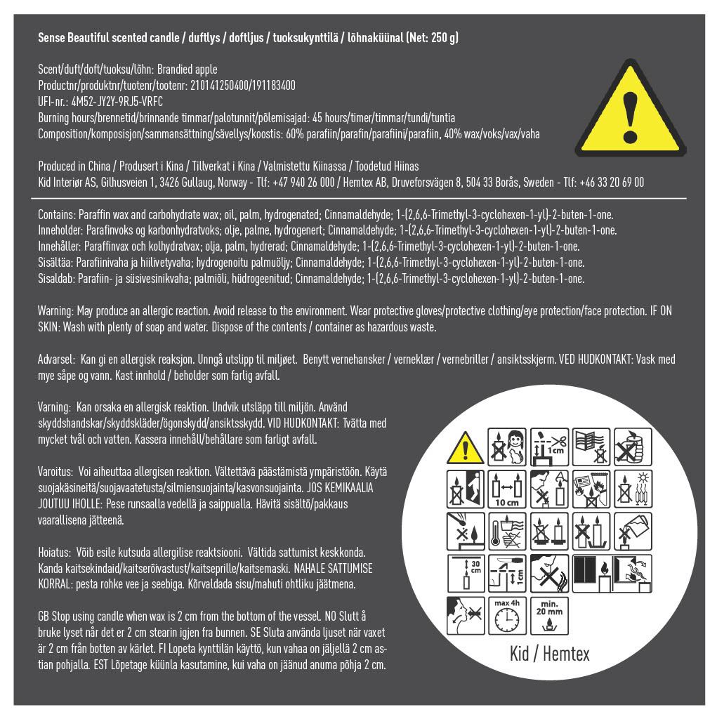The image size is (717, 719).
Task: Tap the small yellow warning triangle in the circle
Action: (x=465, y=448)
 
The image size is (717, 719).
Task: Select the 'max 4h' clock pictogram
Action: (x=507, y=615)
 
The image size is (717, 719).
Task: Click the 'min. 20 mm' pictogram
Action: (x=549, y=615)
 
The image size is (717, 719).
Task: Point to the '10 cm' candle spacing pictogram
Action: (x=507, y=489)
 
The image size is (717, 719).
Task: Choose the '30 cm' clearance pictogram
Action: (x=465, y=573)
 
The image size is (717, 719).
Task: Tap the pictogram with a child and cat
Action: (x=507, y=447)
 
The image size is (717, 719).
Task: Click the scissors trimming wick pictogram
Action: (x=549, y=447)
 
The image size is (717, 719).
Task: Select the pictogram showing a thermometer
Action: (x=507, y=531)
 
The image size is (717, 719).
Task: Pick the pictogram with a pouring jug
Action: (x=633, y=531)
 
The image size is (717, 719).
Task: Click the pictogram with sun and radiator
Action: (x=633, y=489)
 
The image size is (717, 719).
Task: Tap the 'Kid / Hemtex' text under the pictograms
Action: (x=550, y=654)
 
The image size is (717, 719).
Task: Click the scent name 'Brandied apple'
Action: (x=188, y=70)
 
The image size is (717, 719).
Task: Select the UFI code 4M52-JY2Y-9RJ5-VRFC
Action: (x=117, y=102)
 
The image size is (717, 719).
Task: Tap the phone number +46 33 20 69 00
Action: (x=612, y=183)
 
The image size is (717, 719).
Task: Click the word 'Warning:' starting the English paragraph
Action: (x=55, y=311)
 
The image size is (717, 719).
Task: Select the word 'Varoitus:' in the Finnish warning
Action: (x=55, y=472)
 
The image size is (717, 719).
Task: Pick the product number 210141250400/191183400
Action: (x=243, y=86)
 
